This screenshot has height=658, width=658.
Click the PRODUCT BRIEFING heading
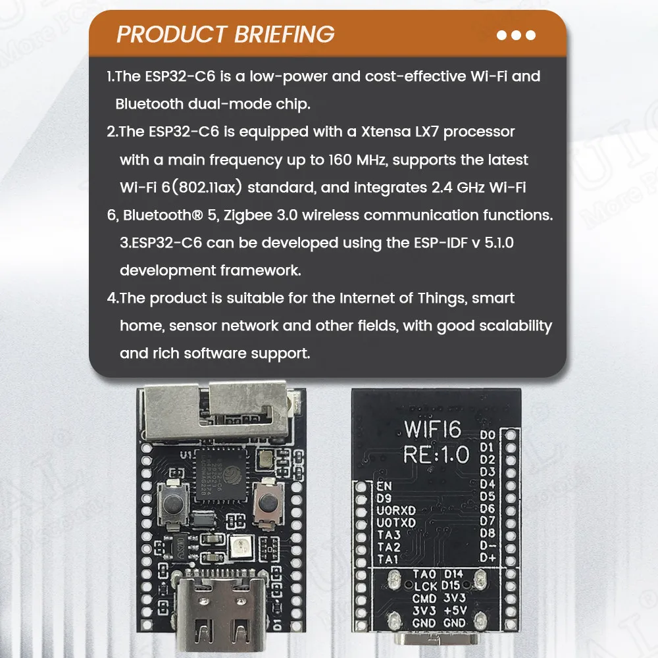225,34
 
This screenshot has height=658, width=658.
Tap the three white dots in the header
516,35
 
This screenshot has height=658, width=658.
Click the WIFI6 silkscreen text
432,429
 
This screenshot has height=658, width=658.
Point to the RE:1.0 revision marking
436,455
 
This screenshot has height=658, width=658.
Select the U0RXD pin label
396,510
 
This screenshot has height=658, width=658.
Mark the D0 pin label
488,435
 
